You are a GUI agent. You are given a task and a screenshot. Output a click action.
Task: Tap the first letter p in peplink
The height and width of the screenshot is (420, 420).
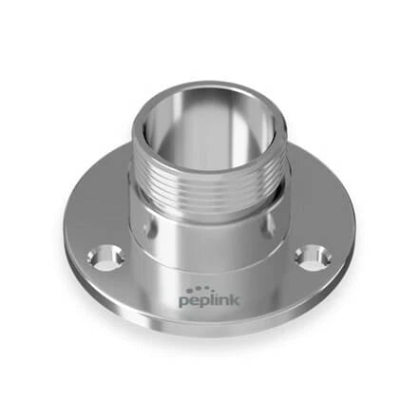click(x=182, y=303)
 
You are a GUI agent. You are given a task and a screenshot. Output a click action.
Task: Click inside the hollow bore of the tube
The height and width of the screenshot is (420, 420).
click(x=211, y=128)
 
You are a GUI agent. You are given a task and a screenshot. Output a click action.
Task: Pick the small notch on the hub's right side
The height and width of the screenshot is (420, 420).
click(x=278, y=228)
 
